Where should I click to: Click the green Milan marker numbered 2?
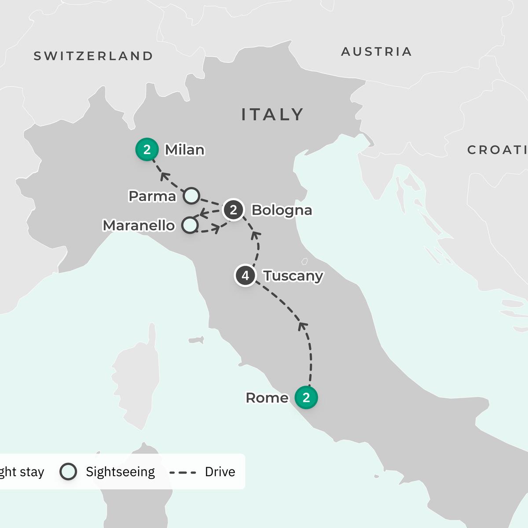(x=147, y=150)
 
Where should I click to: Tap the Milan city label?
(x=184, y=150)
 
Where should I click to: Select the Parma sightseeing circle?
(x=191, y=195)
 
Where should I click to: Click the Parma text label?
(x=152, y=196)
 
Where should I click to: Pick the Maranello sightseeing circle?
(x=190, y=225)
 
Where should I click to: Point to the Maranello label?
(x=139, y=226)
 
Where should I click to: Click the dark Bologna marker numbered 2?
(x=233, y=210)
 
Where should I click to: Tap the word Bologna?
(x=282, y=210)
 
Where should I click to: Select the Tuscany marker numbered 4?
(x=246, y=276)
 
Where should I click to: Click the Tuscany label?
(x=293, y=276)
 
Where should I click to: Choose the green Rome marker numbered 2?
(x=306, y=397)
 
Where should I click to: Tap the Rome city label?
(x=267, y=398)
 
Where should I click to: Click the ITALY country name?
(x=272, y=115)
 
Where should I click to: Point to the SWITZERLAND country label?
(x=93, y=56)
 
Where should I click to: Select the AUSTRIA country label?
(x=377, y=52)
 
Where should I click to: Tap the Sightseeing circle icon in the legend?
(x=68, y=472)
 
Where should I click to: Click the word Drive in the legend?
(x=220, y=472)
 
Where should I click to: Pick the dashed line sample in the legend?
(x=183, y=472)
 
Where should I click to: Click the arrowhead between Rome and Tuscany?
(x=302, y=326)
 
